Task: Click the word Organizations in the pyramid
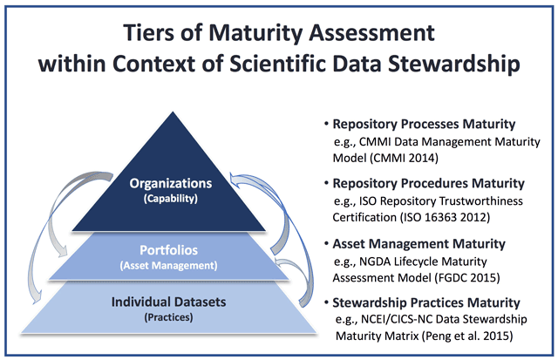[171, 184]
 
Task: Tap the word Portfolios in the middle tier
[168, 250]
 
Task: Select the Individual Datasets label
[168, 302]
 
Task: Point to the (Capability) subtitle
[171, 199]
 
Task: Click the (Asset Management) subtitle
[168, 266]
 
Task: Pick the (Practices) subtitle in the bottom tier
[168, 317]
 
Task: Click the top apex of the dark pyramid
[173, 112]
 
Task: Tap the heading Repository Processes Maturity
[424, 124]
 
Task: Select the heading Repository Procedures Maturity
[428, 184]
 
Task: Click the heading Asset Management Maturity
[418, 244]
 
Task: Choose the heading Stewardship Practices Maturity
[426, 302]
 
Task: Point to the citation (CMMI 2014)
[405, 158]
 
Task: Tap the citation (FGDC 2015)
[467, 277]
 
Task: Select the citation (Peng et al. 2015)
[467, 336]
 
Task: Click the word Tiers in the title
[149, 33]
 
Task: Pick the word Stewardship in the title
[454, 64]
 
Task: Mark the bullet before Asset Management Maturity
[326, 243]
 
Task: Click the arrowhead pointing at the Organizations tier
[235, 179]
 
